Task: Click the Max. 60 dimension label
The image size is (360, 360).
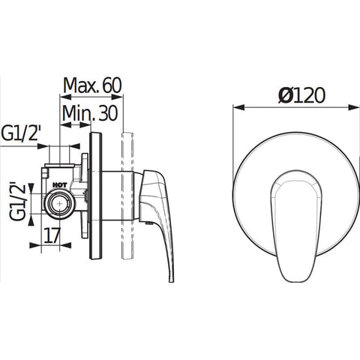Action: (x=92, y=85)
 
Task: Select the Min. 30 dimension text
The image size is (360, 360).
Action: (x=90, y=113)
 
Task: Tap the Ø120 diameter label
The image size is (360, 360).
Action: (x=302, y=95)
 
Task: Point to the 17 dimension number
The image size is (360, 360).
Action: (x=52, y=235)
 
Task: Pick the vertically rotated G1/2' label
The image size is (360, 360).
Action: (x=18, y=201)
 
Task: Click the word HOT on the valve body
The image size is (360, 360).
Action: (x=60, y=185)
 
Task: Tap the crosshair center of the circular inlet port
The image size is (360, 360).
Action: (x=60, y=203)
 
